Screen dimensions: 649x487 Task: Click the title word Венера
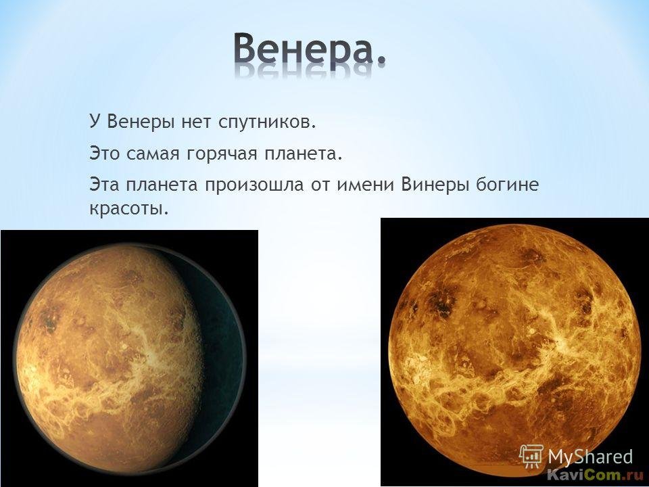coord(304,49)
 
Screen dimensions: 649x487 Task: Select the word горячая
coord(220,154)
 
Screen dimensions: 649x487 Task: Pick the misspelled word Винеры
coord(435,185)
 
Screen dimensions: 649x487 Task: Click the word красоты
coord(129,209)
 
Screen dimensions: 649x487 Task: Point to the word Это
coord(104,154)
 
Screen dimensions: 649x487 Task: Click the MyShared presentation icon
coord(531,457)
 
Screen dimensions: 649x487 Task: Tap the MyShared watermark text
coord(590,457)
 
